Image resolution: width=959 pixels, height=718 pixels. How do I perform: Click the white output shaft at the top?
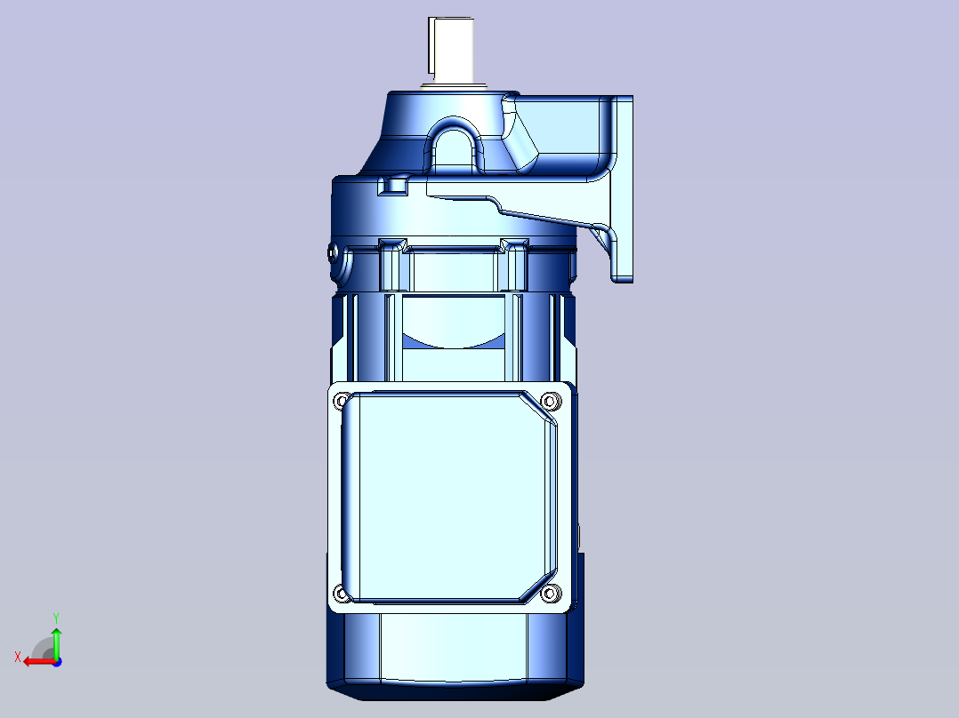(x=451, y=50)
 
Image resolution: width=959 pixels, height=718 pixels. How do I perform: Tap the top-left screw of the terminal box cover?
(x=341, y=401)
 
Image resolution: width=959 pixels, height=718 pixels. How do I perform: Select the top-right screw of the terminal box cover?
(x=551, y=401)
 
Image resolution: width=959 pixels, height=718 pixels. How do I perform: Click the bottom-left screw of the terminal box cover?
(x=341, y=593)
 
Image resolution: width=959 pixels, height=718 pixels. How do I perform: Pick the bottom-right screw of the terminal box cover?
(x=551, y=593)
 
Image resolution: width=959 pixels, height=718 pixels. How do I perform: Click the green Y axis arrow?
(x=56, y=642)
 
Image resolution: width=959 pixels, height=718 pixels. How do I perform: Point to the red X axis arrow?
(x=39, y=662)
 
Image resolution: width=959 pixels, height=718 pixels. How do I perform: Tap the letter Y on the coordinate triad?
(x=56, y=618)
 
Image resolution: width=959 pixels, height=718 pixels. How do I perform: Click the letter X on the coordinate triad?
(x=18, y=657)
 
